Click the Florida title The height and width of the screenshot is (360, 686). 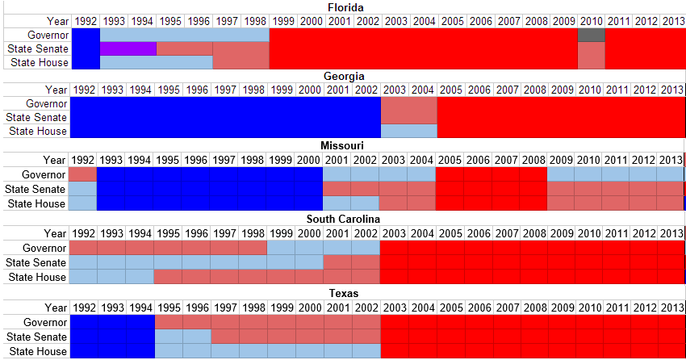(x=344, y=7)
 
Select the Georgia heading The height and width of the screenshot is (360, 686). (x=344, y=76)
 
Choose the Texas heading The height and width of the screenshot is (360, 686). (x=344, y=293)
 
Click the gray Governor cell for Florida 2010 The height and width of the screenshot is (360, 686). (x=591, y=35)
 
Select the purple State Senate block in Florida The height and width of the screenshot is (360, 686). (x=128, y=48)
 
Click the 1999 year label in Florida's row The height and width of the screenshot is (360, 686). (x=282, y=20)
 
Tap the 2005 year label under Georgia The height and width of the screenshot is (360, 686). (x=450, y=89)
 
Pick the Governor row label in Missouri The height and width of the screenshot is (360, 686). (x=44, y=174)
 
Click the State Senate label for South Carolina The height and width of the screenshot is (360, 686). (x=36, y=262)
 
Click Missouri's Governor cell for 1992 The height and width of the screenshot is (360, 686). (x=82, y=174)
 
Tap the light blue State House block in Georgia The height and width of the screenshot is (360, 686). (x=408, y=131)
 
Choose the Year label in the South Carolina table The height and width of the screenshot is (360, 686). (x=56, y=233)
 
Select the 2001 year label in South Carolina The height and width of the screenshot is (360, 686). (x=337, y=233)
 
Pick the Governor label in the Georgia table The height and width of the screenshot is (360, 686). (x=46, y=103)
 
